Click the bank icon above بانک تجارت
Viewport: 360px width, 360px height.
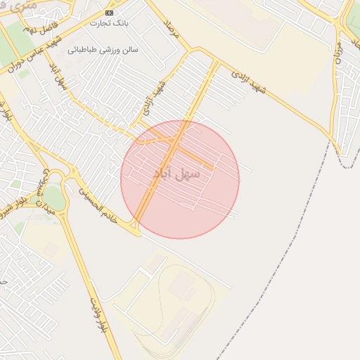(108, 13)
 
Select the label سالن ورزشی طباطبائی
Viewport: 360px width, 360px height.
(103, 51)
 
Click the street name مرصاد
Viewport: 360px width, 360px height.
(173, 30)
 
